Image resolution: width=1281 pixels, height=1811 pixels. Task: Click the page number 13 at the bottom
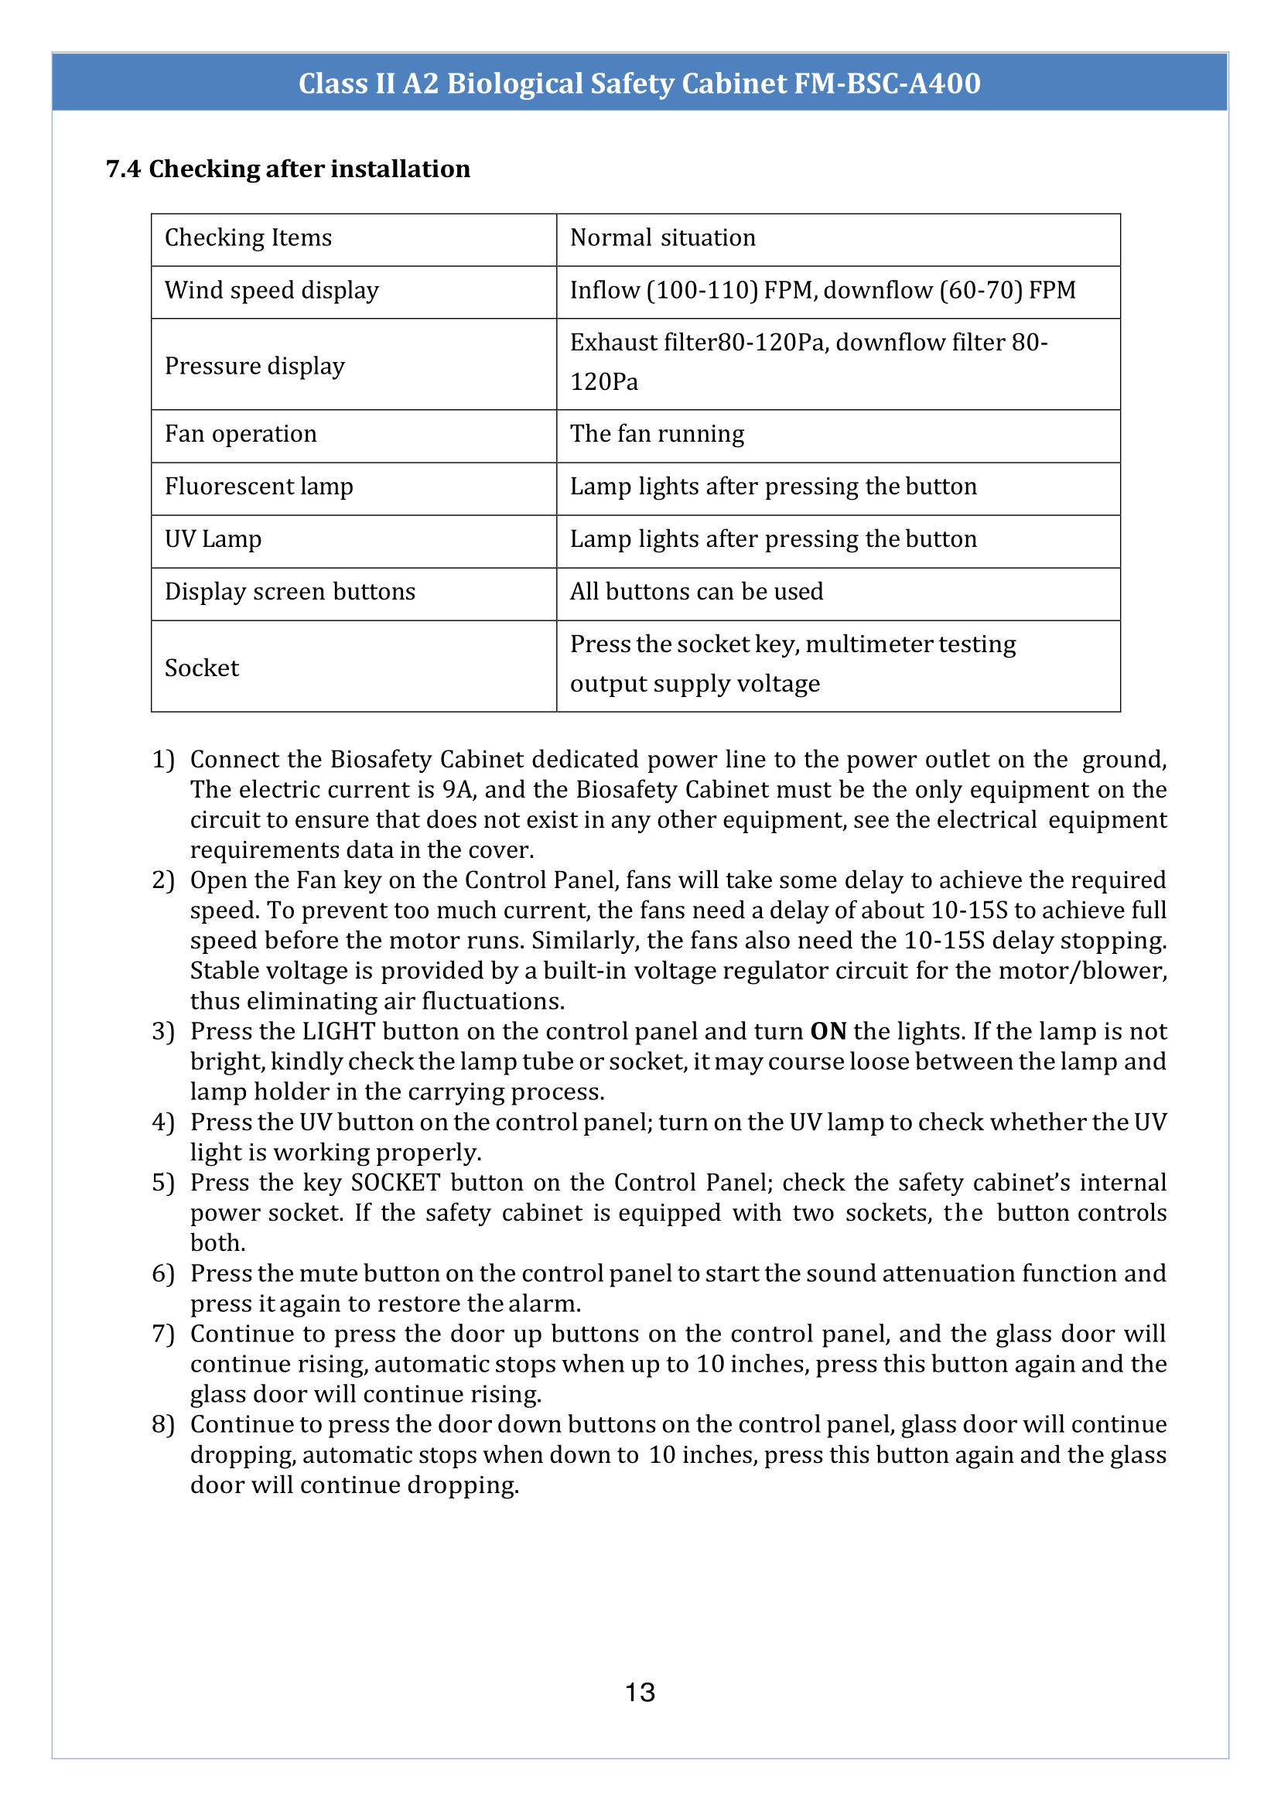point(640,1692)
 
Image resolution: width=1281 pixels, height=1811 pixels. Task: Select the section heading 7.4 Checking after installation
point(288,169)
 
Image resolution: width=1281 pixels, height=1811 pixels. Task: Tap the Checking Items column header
point(248,237)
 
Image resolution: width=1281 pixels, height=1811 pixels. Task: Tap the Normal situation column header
point(663,237)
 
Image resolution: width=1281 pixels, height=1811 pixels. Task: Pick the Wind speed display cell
point(272,290)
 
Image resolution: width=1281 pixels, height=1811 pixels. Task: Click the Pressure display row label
point(254,366)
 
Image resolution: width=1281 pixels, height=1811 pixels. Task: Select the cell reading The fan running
point(656,434)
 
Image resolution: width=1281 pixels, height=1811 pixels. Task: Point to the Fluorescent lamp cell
point(258,487)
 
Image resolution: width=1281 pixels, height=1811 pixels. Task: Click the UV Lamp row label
point(213,539)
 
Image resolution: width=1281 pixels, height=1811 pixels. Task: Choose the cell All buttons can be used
point(695,592)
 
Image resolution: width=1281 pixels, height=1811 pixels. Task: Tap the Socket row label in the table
point(202,668)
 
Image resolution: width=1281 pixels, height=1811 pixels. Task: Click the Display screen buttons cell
point(289,592)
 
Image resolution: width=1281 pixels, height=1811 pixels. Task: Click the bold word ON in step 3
point(828,1032)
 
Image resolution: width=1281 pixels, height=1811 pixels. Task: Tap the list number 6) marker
point(162,1273)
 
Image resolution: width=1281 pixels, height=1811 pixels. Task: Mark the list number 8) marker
point(162,1424)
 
